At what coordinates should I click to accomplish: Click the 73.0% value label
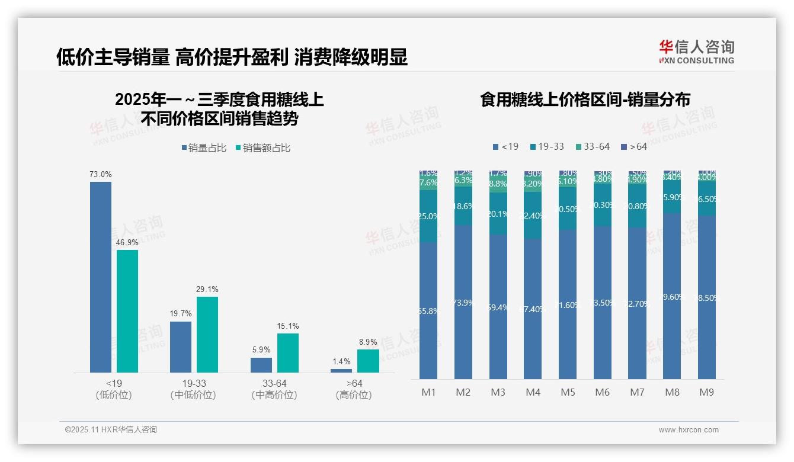click(101, 175)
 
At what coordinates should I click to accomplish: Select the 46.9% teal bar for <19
click(127, 311)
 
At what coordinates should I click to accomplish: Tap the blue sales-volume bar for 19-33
click(181, 346)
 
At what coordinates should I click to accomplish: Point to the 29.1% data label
click(207, 290)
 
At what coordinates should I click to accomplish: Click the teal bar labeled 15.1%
click(288, 353)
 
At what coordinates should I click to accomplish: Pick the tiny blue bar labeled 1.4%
click(341, 371)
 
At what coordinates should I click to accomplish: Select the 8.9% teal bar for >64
click(368, 361)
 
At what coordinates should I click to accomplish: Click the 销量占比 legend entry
click(204, 148)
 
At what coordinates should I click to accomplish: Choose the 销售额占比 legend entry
click(263, 148)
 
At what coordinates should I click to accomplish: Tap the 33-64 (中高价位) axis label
click(274, 389)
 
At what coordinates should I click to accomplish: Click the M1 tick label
click(428, 392)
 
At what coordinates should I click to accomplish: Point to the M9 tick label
click(706, 392)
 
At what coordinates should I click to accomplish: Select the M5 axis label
click(568, 392)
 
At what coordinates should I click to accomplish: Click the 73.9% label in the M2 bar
click(463, 303)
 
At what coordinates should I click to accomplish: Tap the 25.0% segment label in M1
click(428, 216)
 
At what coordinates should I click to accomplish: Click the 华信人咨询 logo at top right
click(696, 51)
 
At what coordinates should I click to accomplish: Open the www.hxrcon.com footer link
click(689, 430)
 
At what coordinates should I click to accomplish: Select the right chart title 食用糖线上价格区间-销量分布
click(585, 100)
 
